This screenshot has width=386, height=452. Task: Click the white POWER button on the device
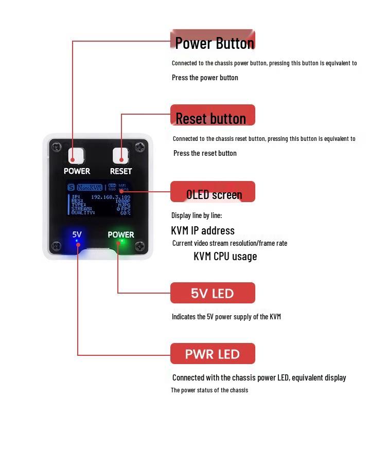tap(76, 155)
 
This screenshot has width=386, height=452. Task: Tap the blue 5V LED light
tap(77, 241)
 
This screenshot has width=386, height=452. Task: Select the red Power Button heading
tap(213, 41)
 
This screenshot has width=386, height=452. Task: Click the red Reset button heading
tap(213, 116)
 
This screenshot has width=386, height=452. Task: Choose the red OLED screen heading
tap(213, 193)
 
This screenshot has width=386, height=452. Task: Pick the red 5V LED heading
tap(213, 293)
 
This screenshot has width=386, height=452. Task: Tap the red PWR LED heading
tap(213, 354)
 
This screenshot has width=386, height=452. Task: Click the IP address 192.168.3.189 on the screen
tap(110, 197)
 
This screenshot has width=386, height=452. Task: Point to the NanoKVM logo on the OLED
tap(90, 188)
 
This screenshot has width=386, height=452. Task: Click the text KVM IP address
tap(203, 230)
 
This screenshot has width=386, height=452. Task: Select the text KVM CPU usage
tap(225, 256)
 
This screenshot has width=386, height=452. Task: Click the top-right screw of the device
tap(139, 148)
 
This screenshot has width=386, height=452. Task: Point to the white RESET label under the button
tap(121, 171)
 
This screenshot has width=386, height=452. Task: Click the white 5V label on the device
tap(77, 234)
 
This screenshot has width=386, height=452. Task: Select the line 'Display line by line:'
tap(197, 215)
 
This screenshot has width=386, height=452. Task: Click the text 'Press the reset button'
tap(205, 153)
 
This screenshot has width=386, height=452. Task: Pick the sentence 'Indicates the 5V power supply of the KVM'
tap(226, 317)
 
